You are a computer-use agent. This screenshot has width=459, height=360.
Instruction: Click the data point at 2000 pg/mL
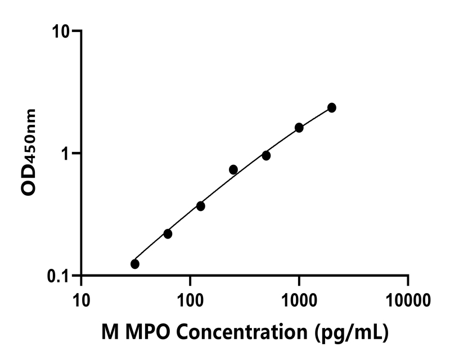pos(332,107)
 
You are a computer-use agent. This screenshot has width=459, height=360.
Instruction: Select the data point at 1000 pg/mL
pos(299,128)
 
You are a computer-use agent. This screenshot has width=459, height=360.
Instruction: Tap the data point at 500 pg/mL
pos(266,155)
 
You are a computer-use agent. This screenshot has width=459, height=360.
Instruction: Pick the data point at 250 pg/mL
pos(233,169)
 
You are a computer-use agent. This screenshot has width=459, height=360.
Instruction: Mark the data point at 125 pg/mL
pos(201,206)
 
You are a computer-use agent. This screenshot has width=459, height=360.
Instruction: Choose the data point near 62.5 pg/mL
pos(168,233)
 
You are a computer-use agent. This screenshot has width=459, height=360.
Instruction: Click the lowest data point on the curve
pos(135,264)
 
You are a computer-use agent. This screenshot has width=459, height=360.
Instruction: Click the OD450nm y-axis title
pos(29,152)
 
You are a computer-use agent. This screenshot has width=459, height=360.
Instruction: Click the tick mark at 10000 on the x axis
pos(408,280)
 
